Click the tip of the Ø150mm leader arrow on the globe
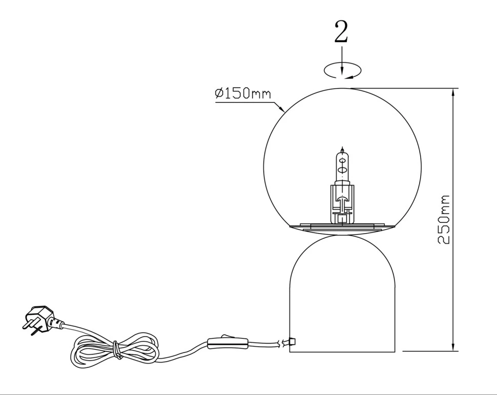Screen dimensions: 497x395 tap(284, 112)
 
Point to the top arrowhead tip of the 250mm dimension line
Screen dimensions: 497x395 tap(453, 89)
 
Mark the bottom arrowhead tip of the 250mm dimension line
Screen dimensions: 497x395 tap(453, 351)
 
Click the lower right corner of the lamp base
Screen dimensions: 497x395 tap(395, 351)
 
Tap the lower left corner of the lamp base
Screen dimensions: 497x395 tap(290, 351)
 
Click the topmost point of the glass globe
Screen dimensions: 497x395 tap(342, 88)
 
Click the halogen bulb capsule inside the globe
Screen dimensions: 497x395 tap(342, 165)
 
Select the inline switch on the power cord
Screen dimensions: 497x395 tap(227, 343)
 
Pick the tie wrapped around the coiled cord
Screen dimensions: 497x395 tap(117, 350)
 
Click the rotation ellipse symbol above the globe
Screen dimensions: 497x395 tap(342, 70)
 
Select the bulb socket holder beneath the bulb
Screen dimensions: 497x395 tap(342, 203)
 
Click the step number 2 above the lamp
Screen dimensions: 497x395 tap(341, 31)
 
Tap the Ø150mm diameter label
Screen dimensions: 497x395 tap(243, 94)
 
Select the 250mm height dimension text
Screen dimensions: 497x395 tap(444, 219)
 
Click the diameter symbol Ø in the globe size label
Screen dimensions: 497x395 tap(219, 94)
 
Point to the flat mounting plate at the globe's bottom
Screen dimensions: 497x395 tap(342, 226)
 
